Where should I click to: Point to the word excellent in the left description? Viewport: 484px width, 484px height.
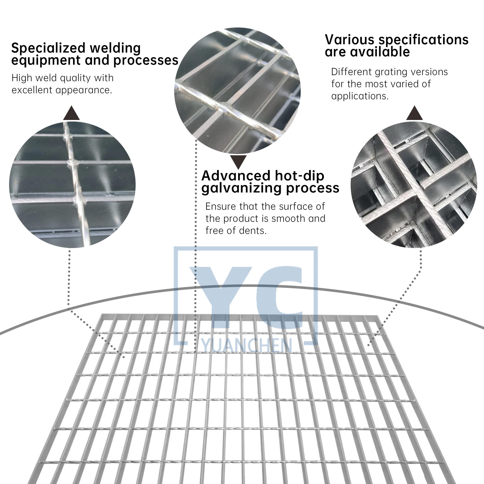32,90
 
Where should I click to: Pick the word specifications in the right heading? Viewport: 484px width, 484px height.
423,40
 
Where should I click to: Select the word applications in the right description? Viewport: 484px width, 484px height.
360,96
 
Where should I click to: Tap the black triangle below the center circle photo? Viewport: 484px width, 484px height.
238,162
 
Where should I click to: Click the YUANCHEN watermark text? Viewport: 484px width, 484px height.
247,345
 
